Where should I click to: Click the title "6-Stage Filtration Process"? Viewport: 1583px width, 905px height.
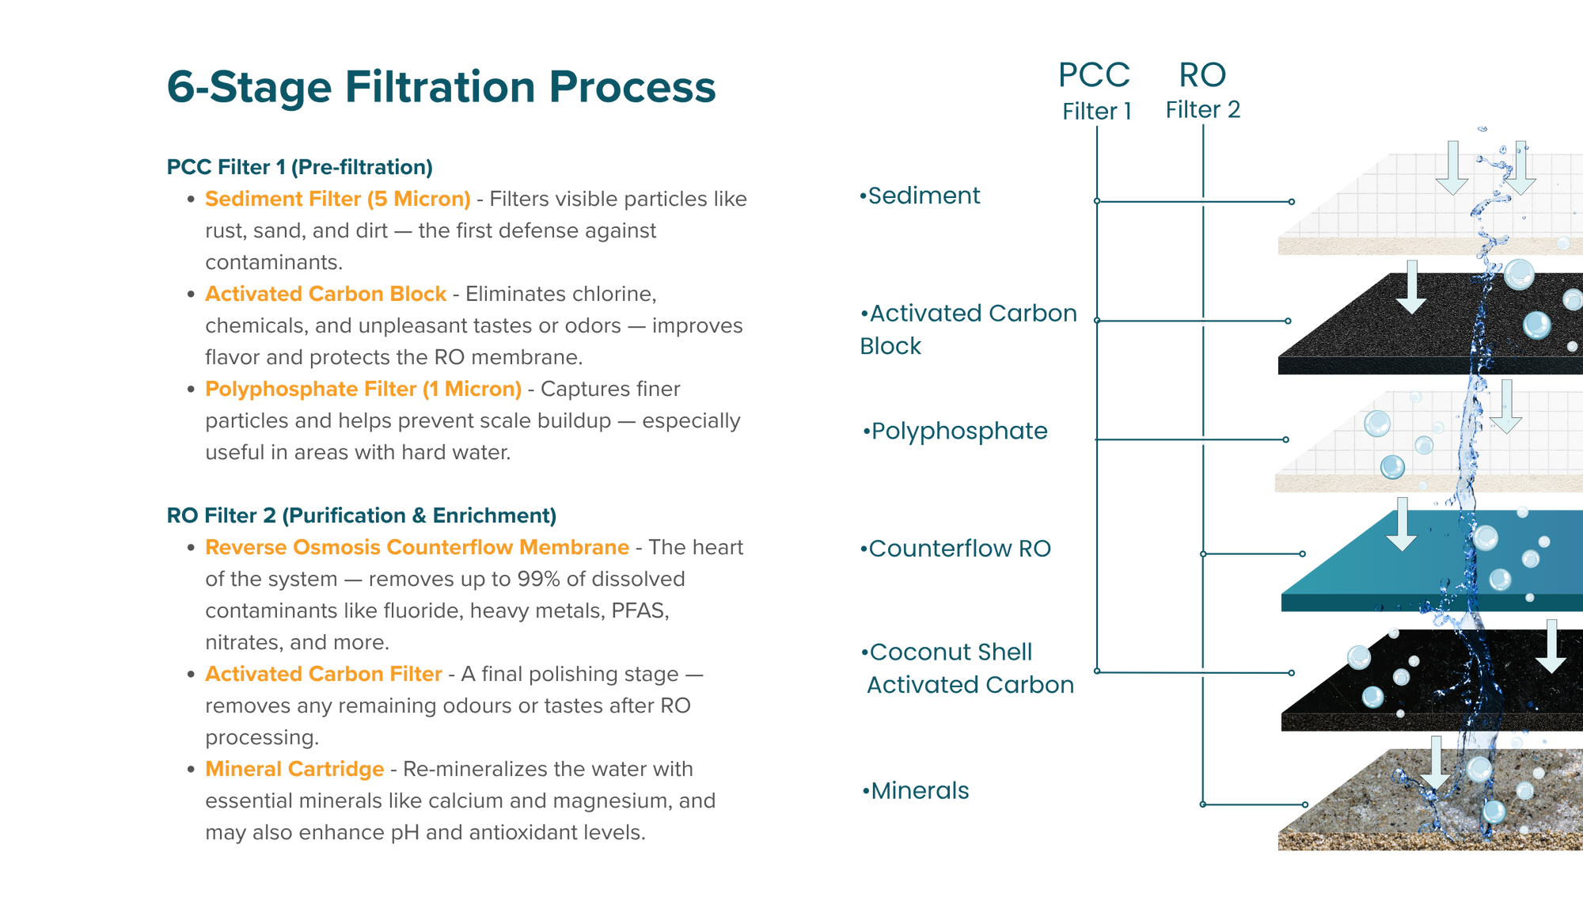tap(441, 87)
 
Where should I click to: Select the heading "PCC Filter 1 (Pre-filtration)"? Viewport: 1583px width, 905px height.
tap(299, 167)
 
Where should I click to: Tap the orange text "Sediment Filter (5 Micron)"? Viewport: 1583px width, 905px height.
tap(337, 199)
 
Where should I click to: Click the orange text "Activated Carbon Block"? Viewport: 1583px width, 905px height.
tap(325, 294)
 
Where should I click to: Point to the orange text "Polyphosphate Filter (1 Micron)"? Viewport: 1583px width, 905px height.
tap(363, 389)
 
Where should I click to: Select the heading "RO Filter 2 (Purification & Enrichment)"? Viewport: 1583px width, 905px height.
tap(362, 515)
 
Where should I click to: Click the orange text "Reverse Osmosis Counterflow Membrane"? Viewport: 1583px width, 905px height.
tap(417, 547)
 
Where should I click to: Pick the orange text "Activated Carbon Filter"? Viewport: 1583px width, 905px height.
tap(323, 674)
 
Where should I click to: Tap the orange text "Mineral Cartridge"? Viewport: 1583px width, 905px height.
tap(294, 769)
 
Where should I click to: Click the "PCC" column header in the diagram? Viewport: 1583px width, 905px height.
tap(1095, 76)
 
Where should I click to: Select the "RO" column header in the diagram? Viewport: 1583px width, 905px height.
tap(1202, 76)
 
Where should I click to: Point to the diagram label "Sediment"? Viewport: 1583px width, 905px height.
tap(922, 196)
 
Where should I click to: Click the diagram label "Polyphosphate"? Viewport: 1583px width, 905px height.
tap(957, 432)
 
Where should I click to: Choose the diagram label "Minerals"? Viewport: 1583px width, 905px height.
tap(917, 790)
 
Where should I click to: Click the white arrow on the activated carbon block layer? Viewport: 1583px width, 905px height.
tap(1410, 287)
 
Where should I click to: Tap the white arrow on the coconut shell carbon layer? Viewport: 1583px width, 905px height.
tap(1551, 646)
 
